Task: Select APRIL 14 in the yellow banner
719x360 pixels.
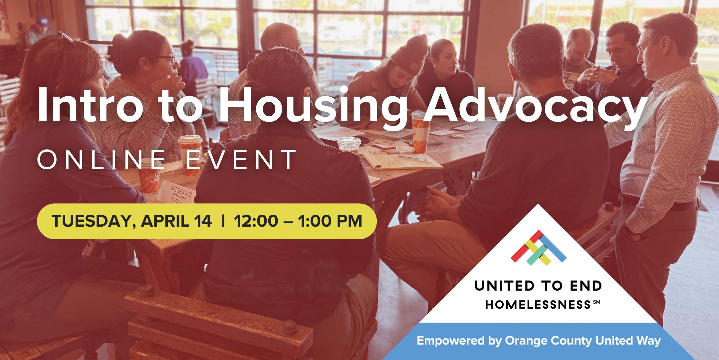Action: pyautogui.click(x=176, y=221)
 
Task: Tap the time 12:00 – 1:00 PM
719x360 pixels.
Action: pyautogui.click(x=298, y=221)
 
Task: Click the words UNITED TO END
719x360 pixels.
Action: pyautogui.click(x=538, y=286)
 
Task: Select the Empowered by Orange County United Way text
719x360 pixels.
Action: pyautogui.click(x=538, y=341)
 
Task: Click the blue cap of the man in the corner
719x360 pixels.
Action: pyautogui.click(x=42, y=21)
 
